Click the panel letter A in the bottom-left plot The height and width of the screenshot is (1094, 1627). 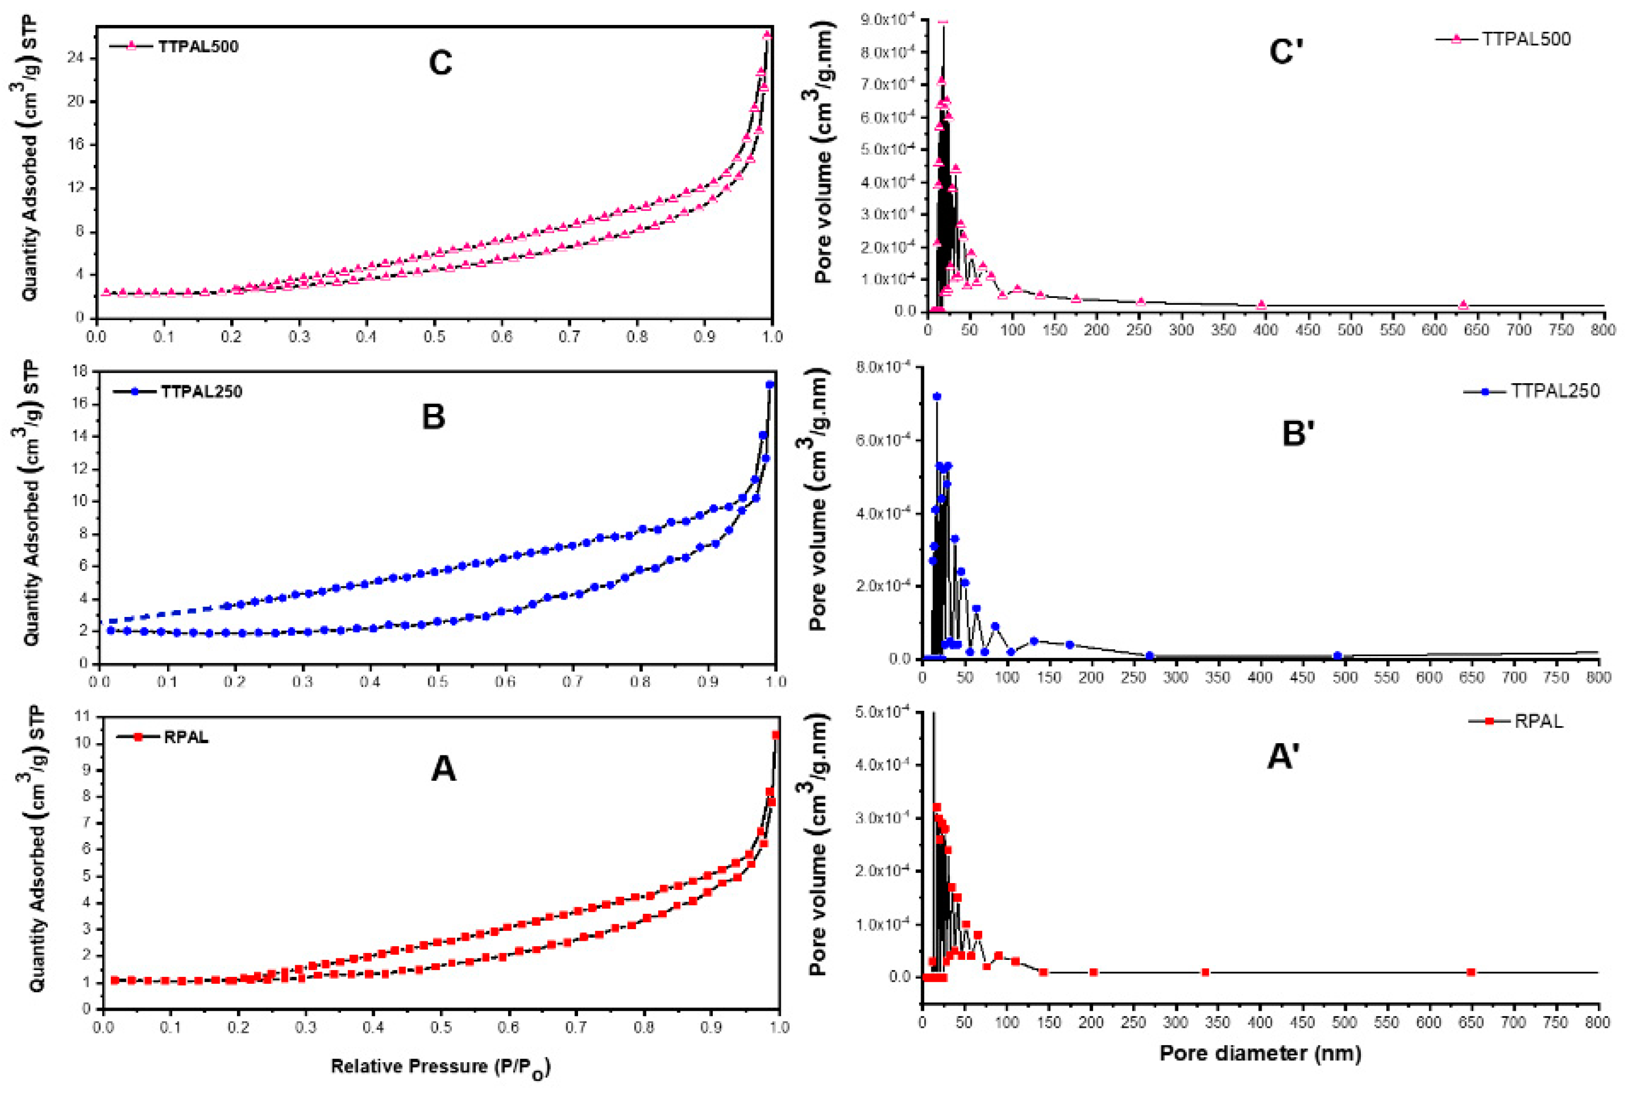(x=444, y=770)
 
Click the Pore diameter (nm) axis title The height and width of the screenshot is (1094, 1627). (x=1260, y=1053)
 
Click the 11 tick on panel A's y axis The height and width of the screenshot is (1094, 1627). (x=82, y=717)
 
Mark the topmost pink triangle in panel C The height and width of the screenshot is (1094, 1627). (x=767, y=35)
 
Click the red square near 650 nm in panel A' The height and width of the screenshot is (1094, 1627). (x=1471, y=973)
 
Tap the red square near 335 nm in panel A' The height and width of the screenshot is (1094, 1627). (x=1205, y=973)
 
